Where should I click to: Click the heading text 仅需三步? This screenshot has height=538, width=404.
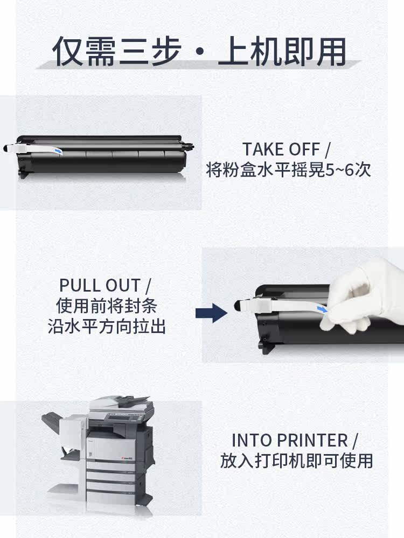[117, 51]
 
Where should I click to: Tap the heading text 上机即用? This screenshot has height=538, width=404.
[282, 51]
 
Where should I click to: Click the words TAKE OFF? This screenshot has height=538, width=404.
[281, 149]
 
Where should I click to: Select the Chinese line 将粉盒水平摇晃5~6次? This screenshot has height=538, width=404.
[289, 169]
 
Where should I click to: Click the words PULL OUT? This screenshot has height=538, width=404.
[100, 285]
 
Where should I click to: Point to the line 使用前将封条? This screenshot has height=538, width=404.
[107, 306]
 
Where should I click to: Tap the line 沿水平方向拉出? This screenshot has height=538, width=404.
[107, 326]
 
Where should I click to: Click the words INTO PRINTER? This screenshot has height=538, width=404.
[290, 441]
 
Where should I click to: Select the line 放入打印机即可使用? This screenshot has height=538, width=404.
[296, 461]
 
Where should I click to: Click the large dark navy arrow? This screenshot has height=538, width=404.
[211, 313]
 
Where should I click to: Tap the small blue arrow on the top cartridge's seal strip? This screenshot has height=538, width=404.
[59, 151]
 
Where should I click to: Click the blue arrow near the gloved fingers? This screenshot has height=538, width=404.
[322, 310]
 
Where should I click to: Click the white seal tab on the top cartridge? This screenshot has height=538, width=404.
[19, 148]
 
